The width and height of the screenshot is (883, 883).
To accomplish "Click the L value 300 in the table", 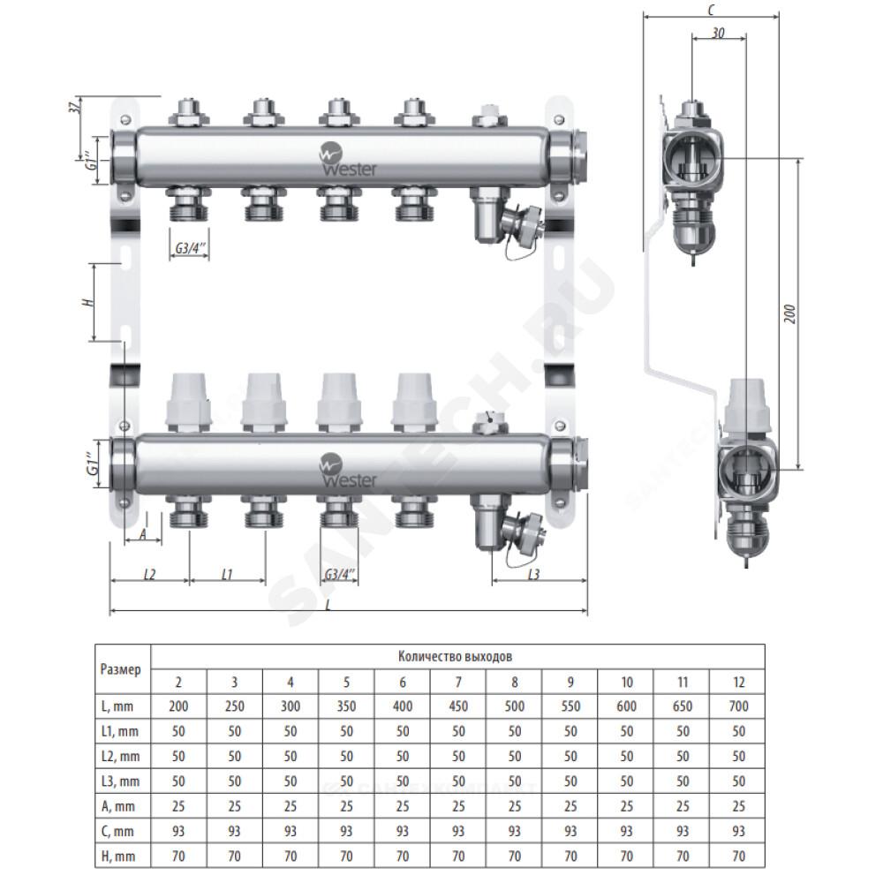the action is pos(290,706).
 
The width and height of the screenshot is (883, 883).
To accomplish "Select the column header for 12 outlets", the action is pos(738,682).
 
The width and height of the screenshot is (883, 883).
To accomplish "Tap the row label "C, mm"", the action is pos(117,831).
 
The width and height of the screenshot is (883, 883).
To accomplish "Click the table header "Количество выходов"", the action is pos(455,656).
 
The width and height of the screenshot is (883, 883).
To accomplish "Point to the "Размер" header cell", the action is pos(120,669).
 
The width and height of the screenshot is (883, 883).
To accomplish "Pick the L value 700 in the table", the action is pos(738,706).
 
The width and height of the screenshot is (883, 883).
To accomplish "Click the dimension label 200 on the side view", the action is pos(790,313).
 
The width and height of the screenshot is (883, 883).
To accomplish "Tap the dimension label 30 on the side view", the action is pos(718,34).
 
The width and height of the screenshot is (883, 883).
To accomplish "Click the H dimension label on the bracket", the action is pos(87,302).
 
